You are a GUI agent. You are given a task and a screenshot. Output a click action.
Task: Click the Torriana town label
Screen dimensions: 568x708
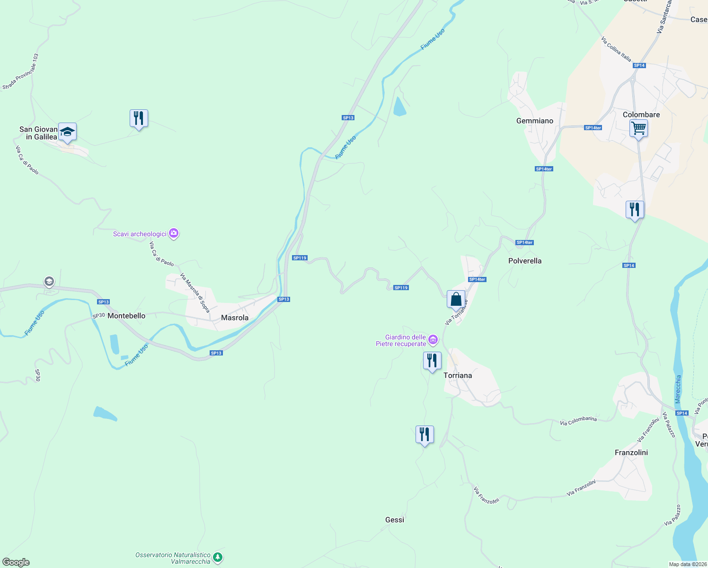point(458,375)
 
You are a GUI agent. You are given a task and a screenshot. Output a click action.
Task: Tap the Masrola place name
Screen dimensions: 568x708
point(235,318)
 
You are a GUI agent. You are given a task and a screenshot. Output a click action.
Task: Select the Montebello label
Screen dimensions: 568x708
point(126,316)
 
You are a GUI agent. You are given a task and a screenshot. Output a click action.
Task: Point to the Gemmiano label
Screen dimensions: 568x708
point(534,121)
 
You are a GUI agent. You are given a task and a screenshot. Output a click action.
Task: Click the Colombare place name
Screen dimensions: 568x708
point(641,115)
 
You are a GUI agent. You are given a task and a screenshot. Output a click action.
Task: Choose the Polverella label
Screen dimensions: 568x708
point(524,261)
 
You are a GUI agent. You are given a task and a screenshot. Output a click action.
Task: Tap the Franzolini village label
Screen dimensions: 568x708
point(631,453)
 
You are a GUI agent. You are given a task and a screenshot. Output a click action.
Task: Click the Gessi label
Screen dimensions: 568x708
point(394,520)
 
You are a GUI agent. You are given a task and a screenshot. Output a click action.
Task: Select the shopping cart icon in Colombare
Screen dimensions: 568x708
point(638,128)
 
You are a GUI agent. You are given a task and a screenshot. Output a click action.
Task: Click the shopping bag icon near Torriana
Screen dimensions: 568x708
point(456,299)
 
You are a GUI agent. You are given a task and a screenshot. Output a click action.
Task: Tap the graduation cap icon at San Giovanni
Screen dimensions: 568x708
point(67,132)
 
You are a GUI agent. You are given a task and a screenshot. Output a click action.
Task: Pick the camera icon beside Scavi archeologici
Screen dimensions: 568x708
point(174,233)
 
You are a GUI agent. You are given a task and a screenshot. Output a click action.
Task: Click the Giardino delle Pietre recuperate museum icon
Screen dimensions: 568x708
point(433,339)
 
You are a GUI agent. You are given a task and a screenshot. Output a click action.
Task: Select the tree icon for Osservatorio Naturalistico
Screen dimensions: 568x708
point(217,558)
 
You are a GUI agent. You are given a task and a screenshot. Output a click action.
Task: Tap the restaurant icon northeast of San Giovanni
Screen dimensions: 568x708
point(139,118)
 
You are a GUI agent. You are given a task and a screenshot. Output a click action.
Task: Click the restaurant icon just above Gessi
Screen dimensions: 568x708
point(425,434)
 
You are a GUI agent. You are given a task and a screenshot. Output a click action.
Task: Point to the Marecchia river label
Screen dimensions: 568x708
point(678,389)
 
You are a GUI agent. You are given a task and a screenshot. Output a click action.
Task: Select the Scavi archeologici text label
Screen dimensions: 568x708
point(140,234)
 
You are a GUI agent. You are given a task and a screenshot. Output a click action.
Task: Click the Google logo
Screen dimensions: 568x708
point(16,562)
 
